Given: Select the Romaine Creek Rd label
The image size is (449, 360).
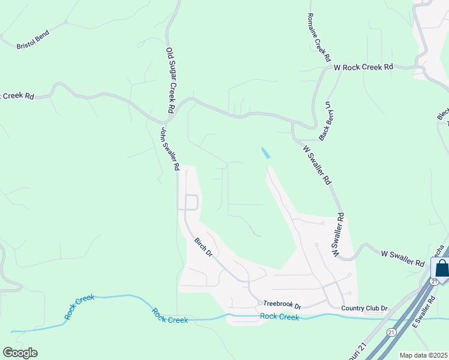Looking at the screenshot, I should tap(319, 37).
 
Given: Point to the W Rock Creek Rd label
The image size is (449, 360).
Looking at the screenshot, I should tap(364, 67).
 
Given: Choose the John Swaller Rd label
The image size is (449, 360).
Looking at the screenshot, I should tap(169, 149).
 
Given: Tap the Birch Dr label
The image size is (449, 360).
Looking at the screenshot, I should tap(203, 247).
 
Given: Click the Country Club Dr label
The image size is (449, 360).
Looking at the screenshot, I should tap(364, 308).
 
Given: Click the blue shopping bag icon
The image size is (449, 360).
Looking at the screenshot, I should tap(442, 268).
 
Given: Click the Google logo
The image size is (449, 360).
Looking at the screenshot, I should tap(20, 353).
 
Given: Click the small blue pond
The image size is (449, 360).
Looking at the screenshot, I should tap(265, 153).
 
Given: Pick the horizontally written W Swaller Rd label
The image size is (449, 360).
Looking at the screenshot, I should tap(403, 259).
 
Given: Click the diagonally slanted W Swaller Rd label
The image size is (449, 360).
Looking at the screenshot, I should tap(317, 164).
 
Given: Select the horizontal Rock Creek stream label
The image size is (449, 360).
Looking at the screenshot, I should tap(280, 317).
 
